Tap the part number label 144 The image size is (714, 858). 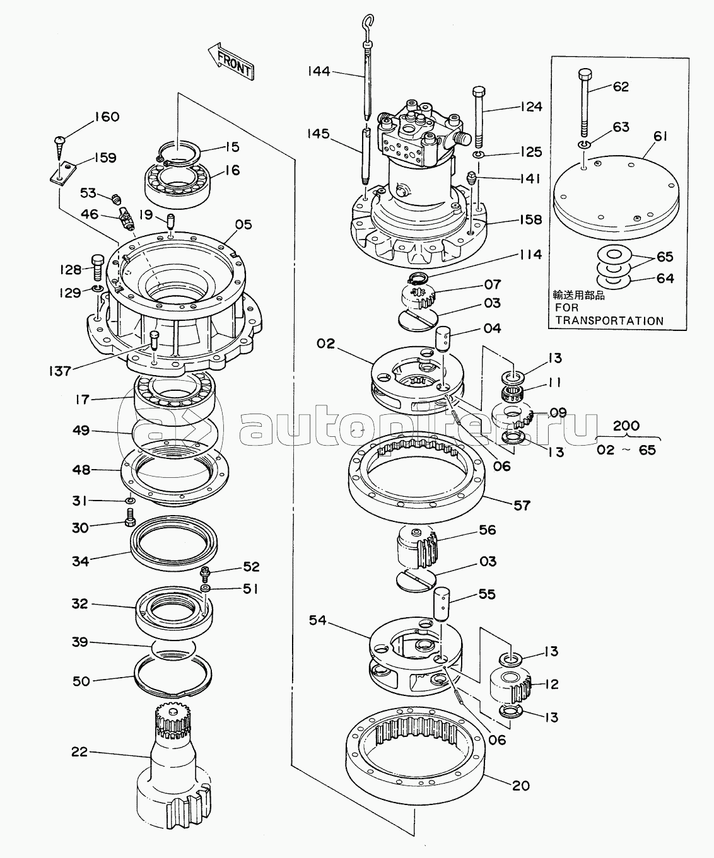(319, 71)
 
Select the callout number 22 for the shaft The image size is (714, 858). (79, 752)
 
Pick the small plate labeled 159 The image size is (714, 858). (62, 173)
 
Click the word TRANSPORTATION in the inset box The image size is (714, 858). (609, 320)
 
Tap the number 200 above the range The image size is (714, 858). (626, 426)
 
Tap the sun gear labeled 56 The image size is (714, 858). (415, 548)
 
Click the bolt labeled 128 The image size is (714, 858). (98, 267)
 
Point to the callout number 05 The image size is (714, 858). (243, 224)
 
